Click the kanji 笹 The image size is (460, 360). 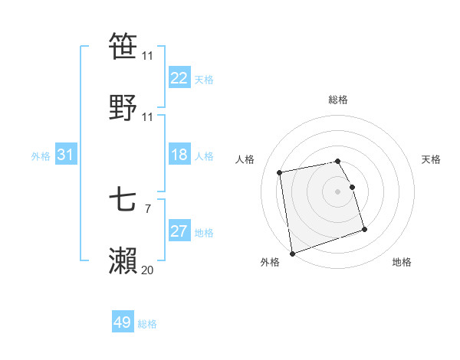(123, 47)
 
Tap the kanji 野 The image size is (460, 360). (123, 107)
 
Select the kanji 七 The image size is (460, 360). (123, 201)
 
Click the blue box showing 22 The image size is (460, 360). (179, 78)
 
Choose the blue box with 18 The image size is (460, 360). (179, 155)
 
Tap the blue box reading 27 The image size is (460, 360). (179, 232)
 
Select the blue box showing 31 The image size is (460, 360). (66, 155)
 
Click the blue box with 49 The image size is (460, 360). (123, 322)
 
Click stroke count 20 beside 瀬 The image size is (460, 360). (147, 270)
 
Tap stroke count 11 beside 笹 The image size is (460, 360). (147, 56)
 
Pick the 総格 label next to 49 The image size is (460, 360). (147, 324)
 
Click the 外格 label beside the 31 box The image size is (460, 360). (41, 155)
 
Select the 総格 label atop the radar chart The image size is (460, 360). (338, 100)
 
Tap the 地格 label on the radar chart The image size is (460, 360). (402, 263)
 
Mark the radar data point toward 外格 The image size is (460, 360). (292, 253)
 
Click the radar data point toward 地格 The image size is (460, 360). (364, 229)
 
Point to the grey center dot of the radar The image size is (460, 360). (338, 191)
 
